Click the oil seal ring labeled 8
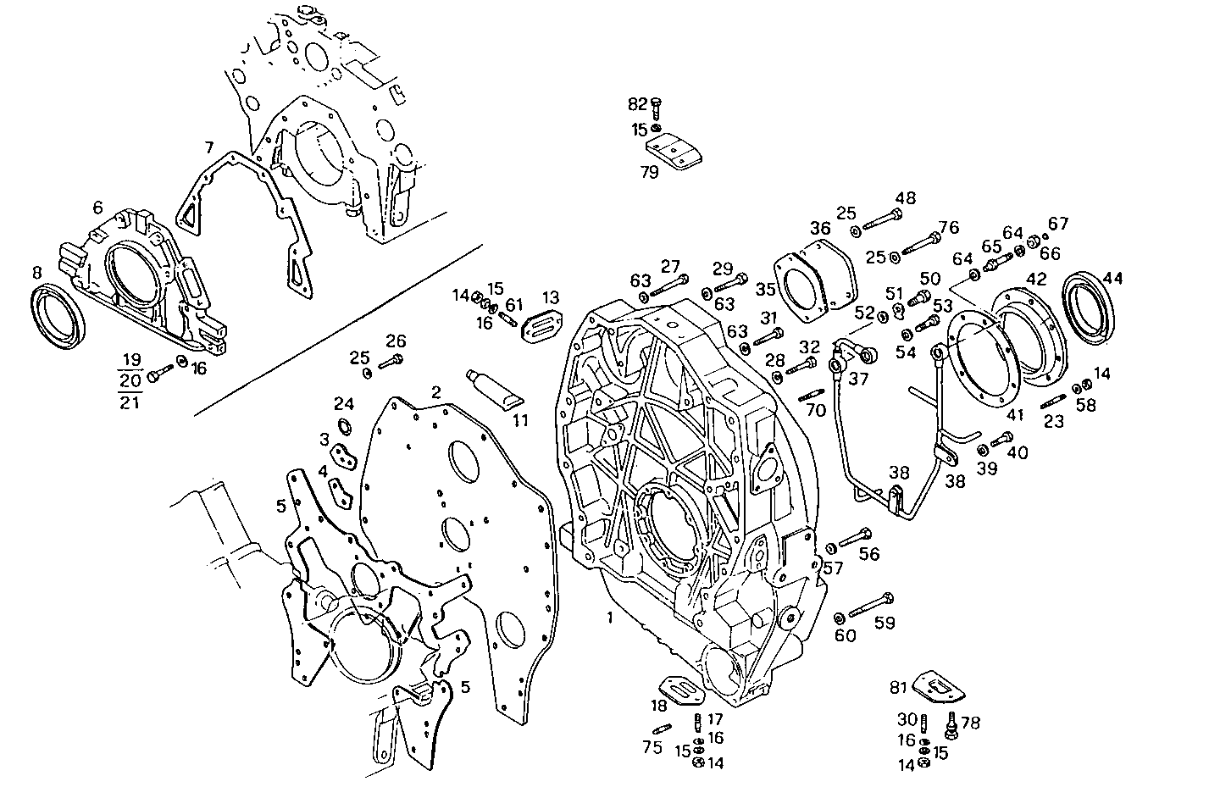[x=58, y=316]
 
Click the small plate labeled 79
[x=674, y=153]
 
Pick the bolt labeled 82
[x=655, y=107]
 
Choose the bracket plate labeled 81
[x=940, y=687]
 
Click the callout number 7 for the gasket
[x=208, y=147]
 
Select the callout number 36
[x=819, y=228]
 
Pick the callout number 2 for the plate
[x=435, y=392]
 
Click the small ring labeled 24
[x=346, y=424]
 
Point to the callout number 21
[x=130, y=402]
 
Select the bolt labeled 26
[x=391, y=363]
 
